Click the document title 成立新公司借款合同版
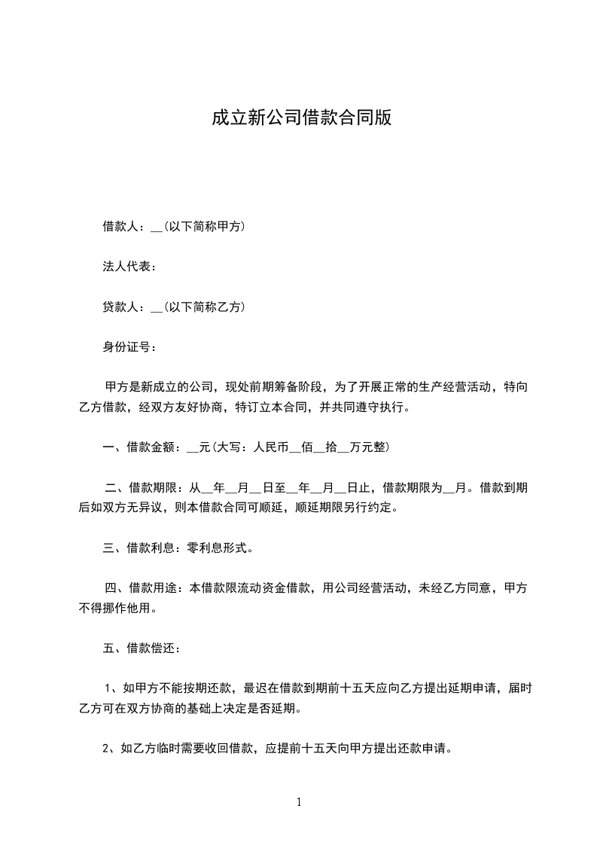pos(301,119)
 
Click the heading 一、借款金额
pos(140,447)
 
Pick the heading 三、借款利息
pos(140,548)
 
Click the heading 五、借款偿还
pos(140,648)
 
